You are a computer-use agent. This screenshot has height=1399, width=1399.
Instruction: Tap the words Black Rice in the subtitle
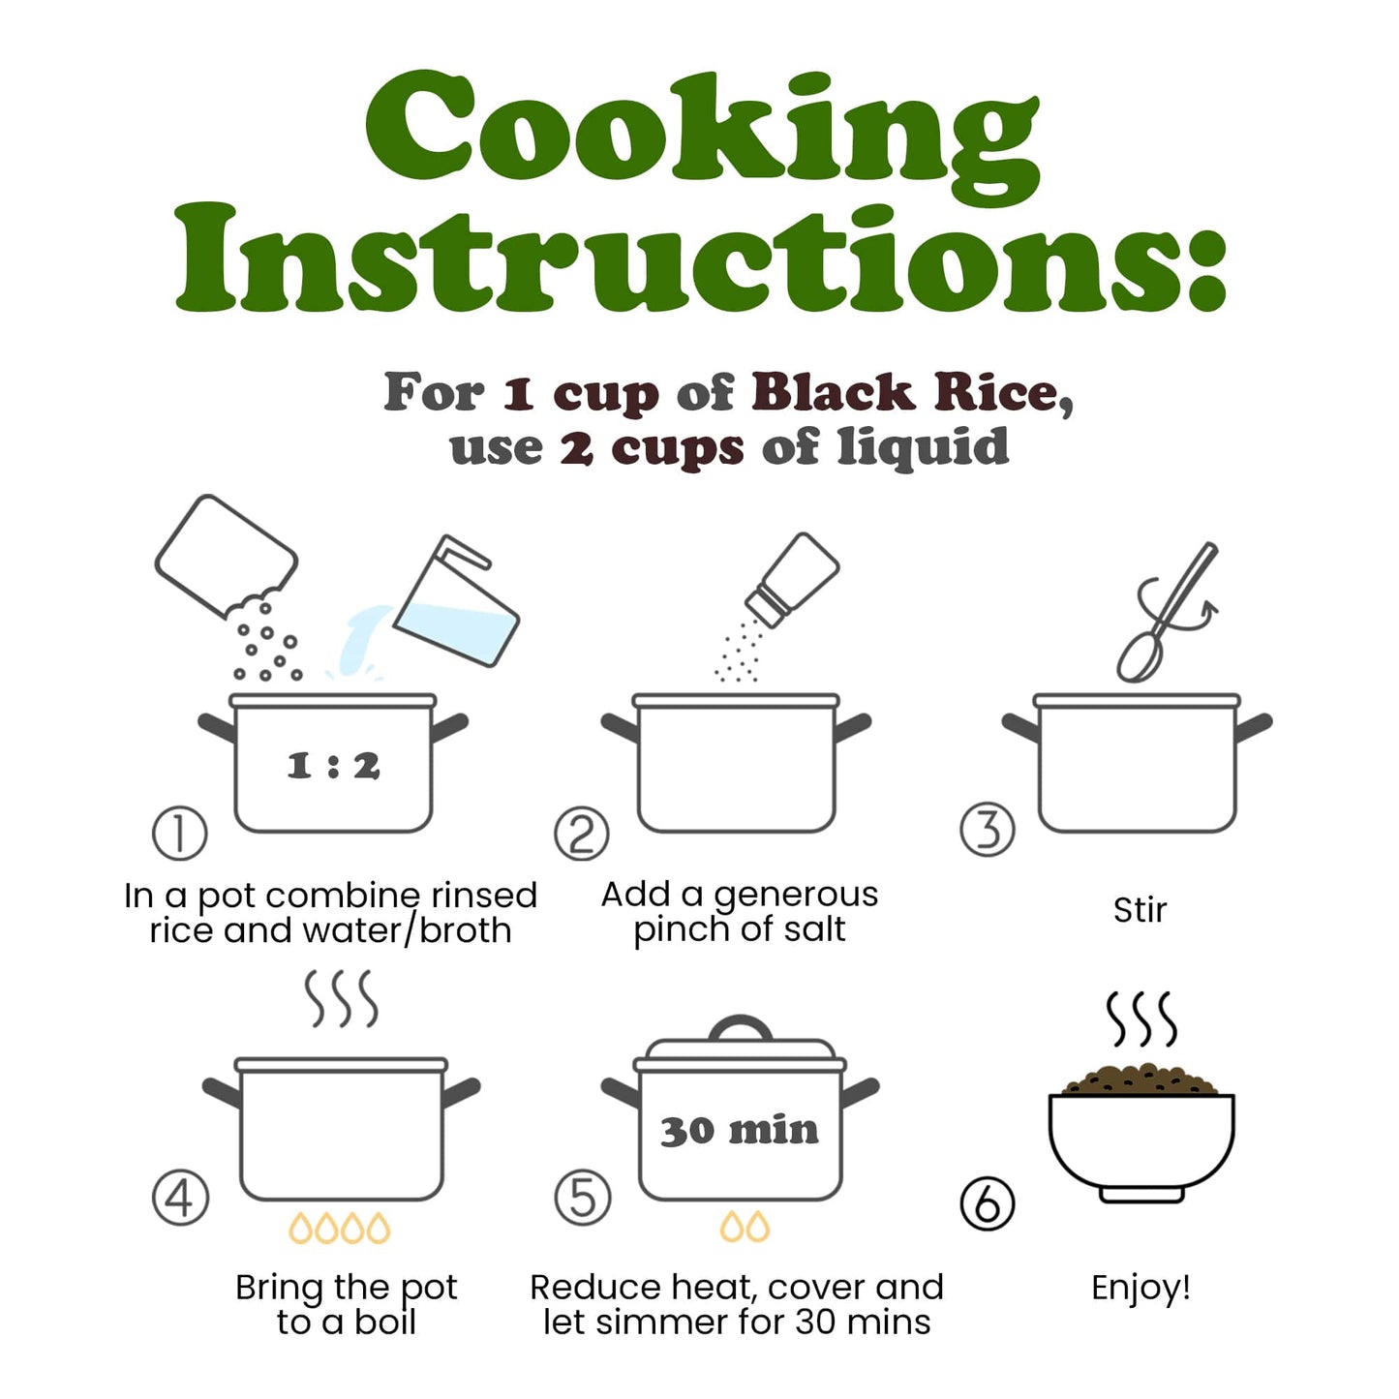(912, 393)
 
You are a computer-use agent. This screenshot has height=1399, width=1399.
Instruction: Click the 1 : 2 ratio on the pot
(333, 766)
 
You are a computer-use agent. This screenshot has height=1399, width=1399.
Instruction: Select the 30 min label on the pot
(739, 1131)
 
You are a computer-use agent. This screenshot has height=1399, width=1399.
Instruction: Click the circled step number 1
(179, 834)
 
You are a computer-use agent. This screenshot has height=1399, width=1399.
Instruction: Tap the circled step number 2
(582, 834)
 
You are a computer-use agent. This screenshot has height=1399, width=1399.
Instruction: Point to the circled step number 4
(180, 1199)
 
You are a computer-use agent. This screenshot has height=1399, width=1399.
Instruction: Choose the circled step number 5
(582, 1199)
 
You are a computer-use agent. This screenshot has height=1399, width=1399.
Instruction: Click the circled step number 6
(988, 1203)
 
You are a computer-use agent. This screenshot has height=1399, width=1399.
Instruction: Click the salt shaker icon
(792, 580)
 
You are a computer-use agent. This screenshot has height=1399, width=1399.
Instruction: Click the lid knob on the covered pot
(740, 1028)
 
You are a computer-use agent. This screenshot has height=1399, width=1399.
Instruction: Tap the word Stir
(1140, 910)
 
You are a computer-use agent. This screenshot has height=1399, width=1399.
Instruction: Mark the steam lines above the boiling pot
(341, 999)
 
